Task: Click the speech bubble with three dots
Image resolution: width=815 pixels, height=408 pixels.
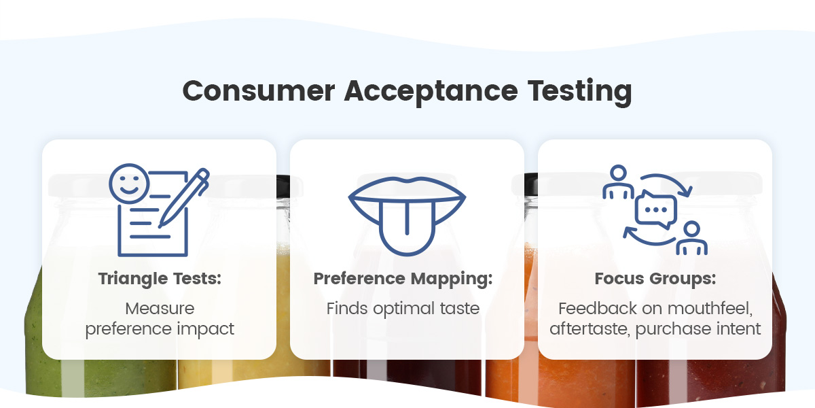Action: pos(655,209)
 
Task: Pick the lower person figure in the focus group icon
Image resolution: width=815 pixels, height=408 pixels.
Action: pos(691,237)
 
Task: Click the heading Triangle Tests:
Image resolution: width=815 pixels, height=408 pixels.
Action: pos(159,279)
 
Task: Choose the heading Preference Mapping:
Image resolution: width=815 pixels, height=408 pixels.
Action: pos(407,279)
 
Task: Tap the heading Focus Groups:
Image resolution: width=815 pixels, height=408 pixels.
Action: pos(655,279)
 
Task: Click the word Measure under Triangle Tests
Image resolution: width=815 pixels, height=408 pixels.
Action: pos(160,309)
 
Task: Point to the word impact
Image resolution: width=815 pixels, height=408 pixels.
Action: pos(203,329)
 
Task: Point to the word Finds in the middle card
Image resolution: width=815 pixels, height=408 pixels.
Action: pos(343,309)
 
